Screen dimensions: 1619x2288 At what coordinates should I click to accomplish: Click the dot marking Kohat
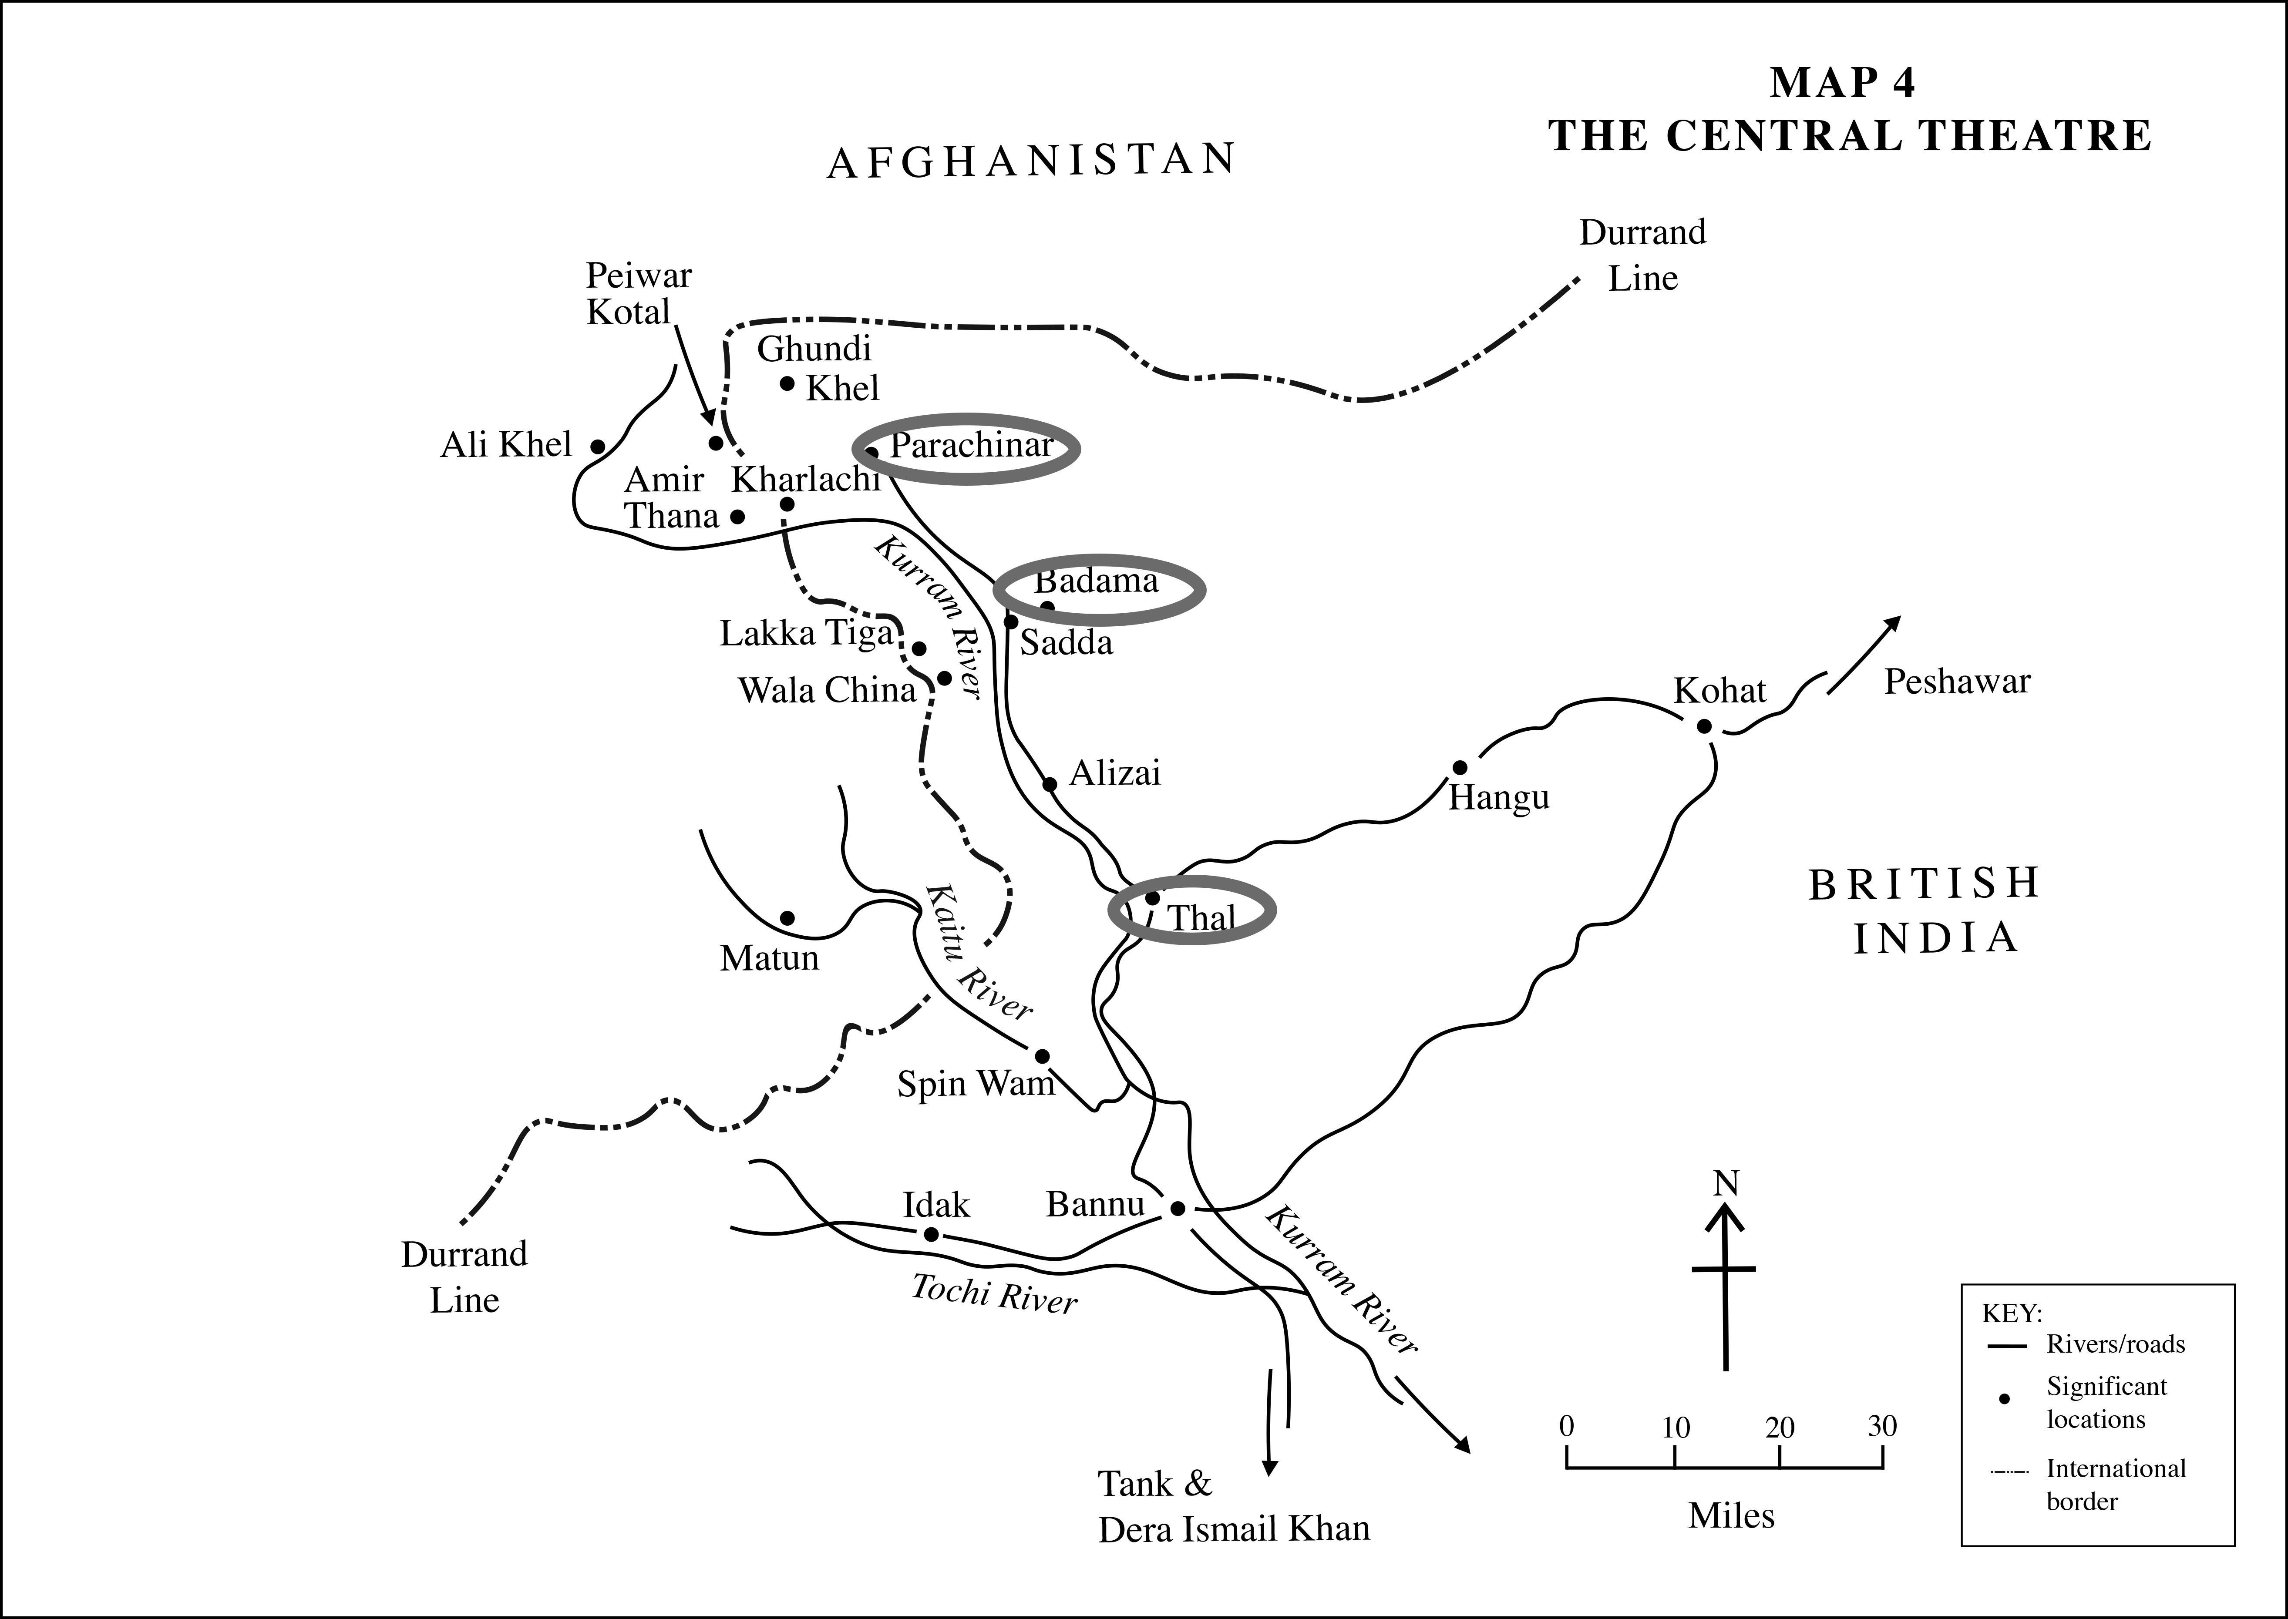1704,726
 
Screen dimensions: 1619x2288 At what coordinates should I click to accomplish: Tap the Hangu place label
1498,798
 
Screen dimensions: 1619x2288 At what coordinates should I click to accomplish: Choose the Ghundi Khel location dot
787,383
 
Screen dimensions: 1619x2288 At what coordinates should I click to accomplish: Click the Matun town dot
787,917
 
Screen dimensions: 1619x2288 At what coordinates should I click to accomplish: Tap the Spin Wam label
975,1084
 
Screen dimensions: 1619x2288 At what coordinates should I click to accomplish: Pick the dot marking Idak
931,1234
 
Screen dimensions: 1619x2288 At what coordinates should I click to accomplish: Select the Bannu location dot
1176,1208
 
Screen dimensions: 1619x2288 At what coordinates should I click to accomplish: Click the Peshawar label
1956,682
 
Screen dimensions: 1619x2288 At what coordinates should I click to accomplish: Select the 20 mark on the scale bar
1780,1428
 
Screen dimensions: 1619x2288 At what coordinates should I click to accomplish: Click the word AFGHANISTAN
1032,161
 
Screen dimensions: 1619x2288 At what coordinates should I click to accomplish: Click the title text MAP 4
1841,83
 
